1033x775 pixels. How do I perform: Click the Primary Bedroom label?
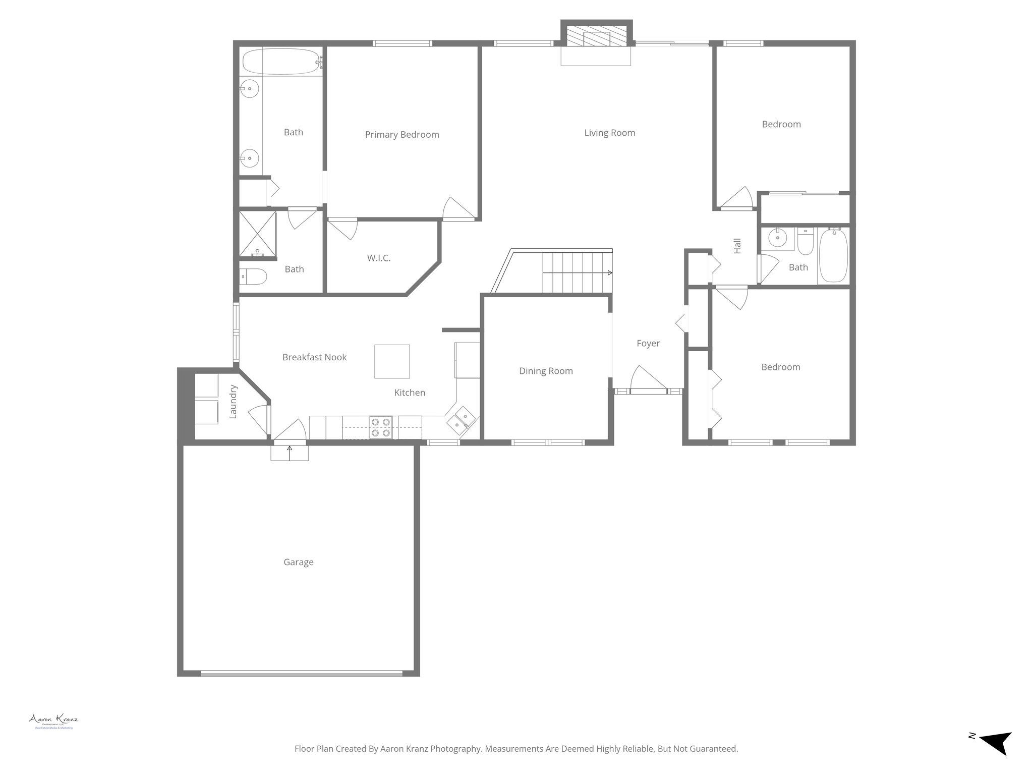[x=402, y=135]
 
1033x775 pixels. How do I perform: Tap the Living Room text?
[x=609, y=133]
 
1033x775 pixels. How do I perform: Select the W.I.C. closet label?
[x=378, y=258]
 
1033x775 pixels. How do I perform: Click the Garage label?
[x=298, y=562]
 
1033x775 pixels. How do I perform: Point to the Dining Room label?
[x=546, y=371]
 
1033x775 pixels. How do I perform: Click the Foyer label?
[x=648, y=343]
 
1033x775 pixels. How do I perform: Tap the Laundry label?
[x=233, y=402]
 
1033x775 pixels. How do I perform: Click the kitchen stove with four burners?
[x=381, y=427]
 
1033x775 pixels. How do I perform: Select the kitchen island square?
[x=392, y=361]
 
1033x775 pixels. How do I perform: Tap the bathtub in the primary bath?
[x=281, y=62]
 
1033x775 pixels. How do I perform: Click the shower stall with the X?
[x=257, y=234]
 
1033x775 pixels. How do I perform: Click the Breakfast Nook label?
[x=314, y=357]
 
